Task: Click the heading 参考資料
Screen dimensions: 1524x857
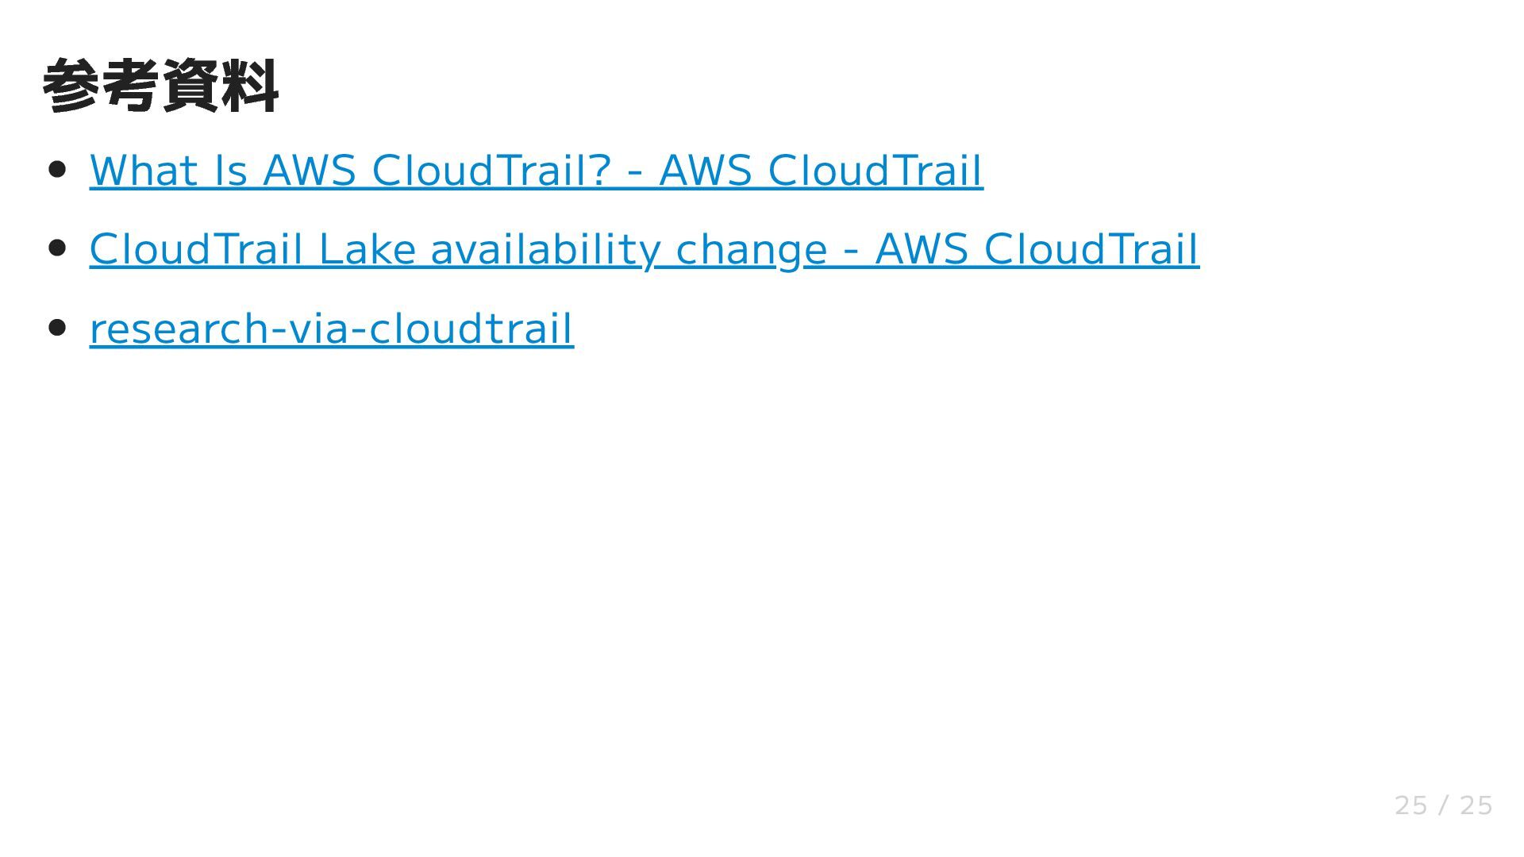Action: [x=160, y=86]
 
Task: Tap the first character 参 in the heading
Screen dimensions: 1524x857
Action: [x=71, y=86]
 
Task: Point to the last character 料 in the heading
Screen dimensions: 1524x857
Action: [x=250, y=86]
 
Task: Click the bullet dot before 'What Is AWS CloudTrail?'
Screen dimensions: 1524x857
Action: [x=57, y=169]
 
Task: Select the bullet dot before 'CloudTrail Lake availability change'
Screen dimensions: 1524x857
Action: [x=57, y=248]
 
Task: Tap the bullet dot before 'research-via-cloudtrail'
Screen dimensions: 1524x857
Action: [x=57, y=327]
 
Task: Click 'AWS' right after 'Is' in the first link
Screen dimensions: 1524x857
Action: [x=309, y=171]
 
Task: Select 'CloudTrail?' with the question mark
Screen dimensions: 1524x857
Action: [x=491, y=171]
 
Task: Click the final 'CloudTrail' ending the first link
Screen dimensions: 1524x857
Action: [x=875, y=171]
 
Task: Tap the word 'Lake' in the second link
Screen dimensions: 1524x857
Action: [x=367, y=249]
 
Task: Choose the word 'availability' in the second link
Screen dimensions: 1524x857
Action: [x=545, y=249]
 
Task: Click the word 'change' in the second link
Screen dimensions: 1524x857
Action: [x=751, y=251]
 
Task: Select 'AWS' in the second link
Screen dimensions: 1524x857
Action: [x=922, y=249]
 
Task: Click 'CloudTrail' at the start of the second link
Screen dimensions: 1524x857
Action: [x=196, y=249]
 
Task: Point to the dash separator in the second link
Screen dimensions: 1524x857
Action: [x=851, y=251]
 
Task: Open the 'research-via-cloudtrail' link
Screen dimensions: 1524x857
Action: [x=331, y=329]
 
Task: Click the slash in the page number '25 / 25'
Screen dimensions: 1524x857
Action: [x=1443, y=805]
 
